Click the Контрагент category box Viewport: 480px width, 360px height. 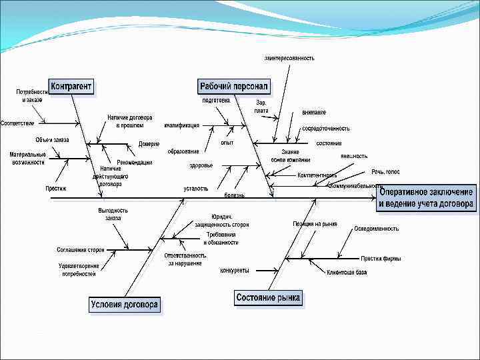(71, 87)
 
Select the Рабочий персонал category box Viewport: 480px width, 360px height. (233, 87)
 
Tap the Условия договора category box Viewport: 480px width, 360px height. (125, 305)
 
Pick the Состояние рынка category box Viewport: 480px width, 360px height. (268, 297)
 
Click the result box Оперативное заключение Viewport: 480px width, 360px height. (427, 198)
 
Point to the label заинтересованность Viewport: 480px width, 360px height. (289, 58)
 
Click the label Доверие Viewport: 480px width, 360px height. (149, 144)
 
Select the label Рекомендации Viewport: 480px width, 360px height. (135, 162)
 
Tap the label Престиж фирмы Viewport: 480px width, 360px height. (381, 258)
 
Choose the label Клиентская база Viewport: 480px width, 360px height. (346, 272)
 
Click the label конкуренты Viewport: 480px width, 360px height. (234, 271)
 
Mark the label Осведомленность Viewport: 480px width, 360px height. (377, 228)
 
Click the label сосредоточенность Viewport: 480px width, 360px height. (325, 127)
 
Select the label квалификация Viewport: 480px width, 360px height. (181, 125)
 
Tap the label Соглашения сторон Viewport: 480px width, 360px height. (81, 249)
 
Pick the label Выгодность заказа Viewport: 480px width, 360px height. (113, 214)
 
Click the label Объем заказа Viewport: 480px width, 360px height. (51, 140)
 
